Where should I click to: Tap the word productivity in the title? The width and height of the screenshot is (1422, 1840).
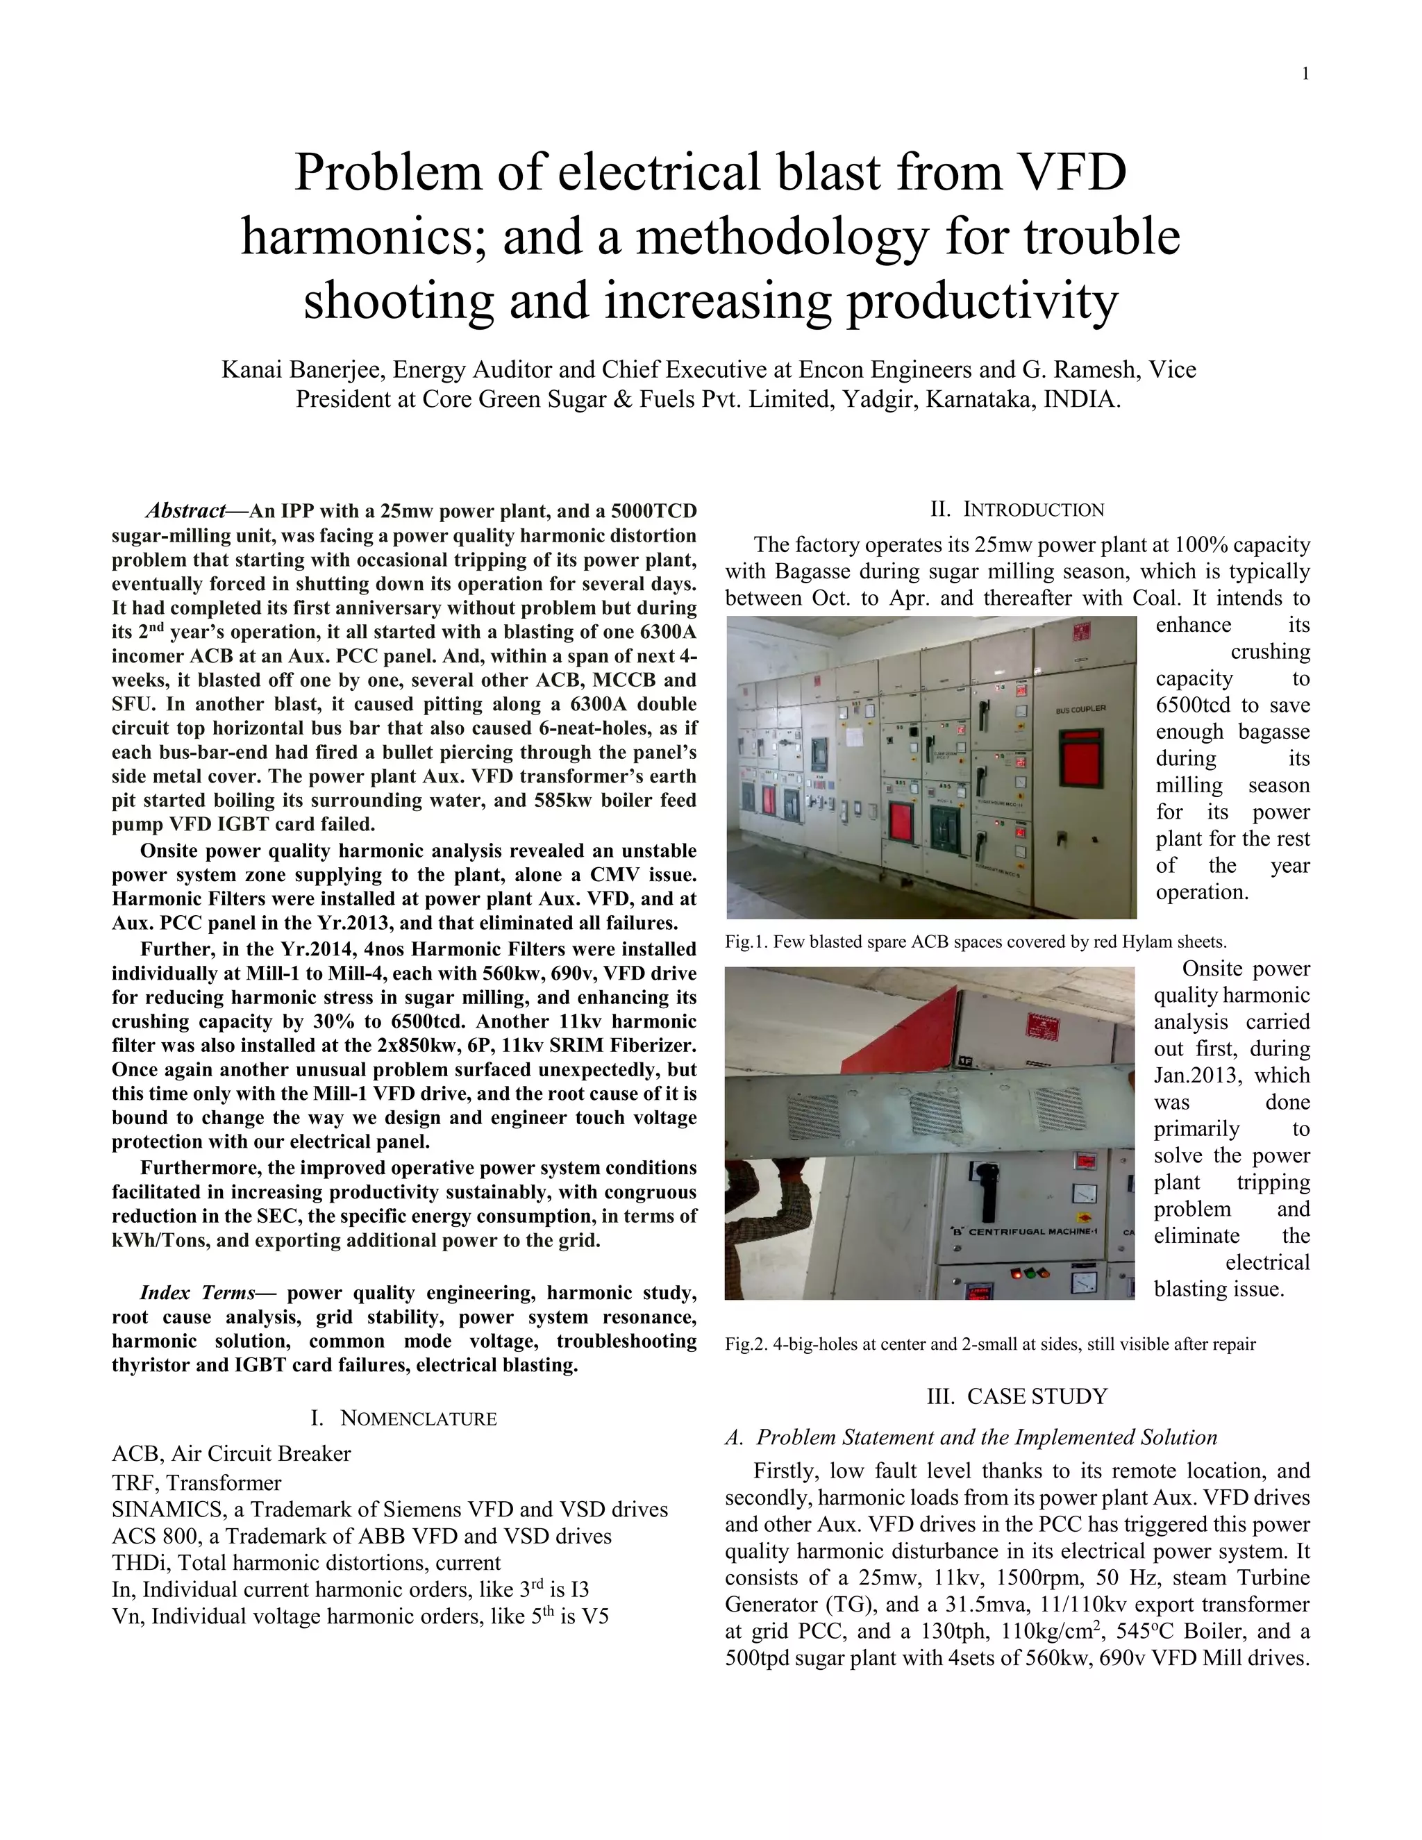(x=982, y=301)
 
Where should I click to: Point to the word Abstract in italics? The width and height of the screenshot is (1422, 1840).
(x=185, y=512)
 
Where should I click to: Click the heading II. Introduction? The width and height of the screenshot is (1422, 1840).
(x=1017, y=510)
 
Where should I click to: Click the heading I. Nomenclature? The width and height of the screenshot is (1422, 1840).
(x=403, y=1418)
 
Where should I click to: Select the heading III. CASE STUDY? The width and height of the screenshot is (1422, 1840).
(x=1017, y=1397)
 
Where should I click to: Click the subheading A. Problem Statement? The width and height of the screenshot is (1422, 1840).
(x=971, y=1437)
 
